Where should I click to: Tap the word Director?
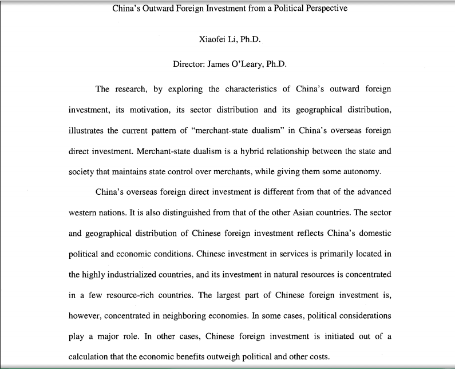[x=189, y=64]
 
